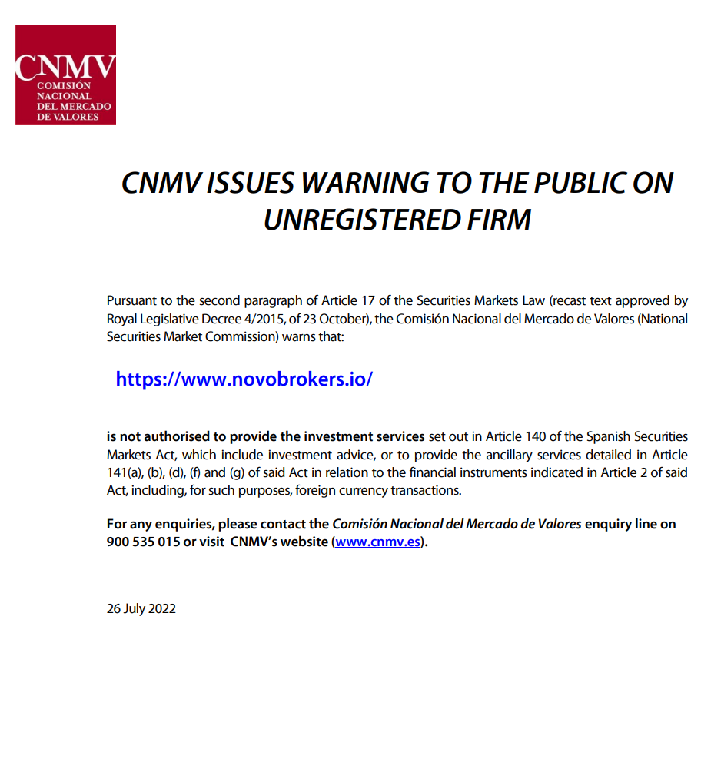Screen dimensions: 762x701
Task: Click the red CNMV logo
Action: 65,75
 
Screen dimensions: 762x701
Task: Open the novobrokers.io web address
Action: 244,379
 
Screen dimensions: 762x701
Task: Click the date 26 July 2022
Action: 141,608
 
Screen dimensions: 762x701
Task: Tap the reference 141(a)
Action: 125,472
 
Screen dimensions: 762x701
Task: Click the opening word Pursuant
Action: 131,300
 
